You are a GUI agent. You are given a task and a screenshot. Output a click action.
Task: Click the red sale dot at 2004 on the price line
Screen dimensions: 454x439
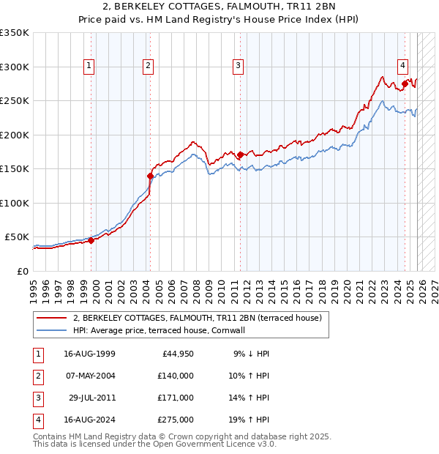coord(150,176)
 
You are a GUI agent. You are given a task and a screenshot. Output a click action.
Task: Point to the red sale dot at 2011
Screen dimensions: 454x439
coord(240,155)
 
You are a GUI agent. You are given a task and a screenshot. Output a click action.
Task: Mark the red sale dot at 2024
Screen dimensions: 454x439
coord(405,83)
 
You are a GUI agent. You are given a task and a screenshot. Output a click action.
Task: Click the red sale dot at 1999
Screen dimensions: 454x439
coord(91,240)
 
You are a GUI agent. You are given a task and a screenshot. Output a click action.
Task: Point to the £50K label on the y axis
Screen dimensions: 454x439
coord(16,237)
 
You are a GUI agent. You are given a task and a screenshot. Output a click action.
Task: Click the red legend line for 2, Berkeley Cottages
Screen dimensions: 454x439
coord(52,319)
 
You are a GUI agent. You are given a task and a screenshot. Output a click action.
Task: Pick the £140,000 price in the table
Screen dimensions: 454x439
coord(176,376)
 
